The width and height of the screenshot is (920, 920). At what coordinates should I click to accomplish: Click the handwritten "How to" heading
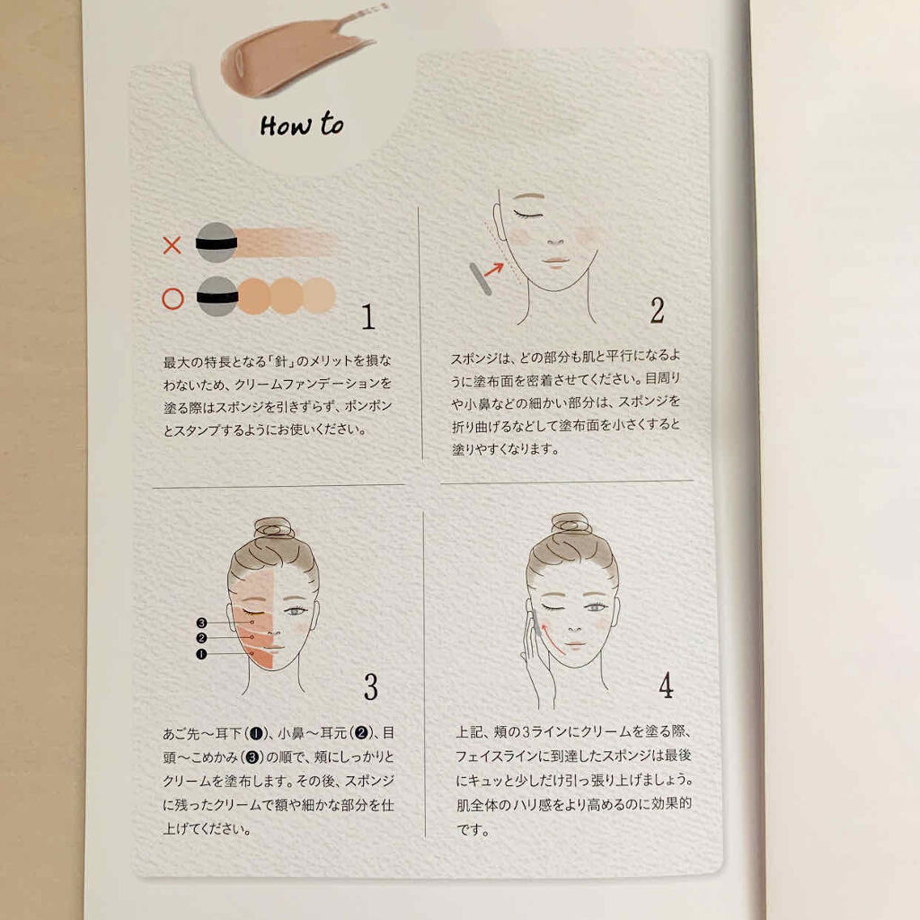pyautogui.click(x=302, y=125)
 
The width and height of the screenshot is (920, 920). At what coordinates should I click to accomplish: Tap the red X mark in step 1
pyautogui.click(x=172, y=244)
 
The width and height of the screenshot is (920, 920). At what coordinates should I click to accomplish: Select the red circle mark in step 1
pyautogui.click(x=172, y=298)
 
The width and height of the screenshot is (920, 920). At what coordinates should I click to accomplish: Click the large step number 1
pyautogui.click(x=367, y=316)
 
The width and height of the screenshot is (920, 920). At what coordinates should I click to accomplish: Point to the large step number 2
pyautogui.click(x=657, y=310)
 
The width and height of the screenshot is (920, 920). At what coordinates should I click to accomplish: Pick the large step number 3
pyautogui.click(x=371, y=686)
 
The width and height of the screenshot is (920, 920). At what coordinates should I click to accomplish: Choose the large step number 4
pyautogui.click(x=666, y=685)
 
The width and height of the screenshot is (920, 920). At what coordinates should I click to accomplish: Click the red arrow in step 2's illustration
pyautogui.click(x=493, y=270)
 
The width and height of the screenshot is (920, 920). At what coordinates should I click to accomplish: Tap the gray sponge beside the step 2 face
pyautogui.click(x=480, y=279)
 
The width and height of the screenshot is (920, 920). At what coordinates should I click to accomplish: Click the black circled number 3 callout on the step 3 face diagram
pyautogui.click(x=202, y=623)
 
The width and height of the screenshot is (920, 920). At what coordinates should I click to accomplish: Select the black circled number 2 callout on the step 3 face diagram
pyautogui.click(x=202, y=638)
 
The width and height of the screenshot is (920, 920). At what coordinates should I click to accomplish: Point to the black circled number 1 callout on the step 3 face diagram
pyautogui.click(x=202, y=654)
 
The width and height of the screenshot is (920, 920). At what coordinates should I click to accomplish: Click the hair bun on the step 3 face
pyautogui.click(x=274, y=528)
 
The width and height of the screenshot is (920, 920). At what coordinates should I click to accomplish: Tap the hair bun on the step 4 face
pyautogui.click(x=571, y=524)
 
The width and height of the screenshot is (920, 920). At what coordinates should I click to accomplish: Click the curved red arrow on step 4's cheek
pyautogui.click(x=551, y=639)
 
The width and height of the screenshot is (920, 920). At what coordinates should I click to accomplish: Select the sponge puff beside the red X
pyautogui.click(x=216, y=243)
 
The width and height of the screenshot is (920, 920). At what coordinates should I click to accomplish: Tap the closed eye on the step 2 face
pyautogui.click(x=528, y=215)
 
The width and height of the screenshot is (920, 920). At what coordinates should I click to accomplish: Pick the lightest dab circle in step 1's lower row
pyautogui.click(x=319, y=295)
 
